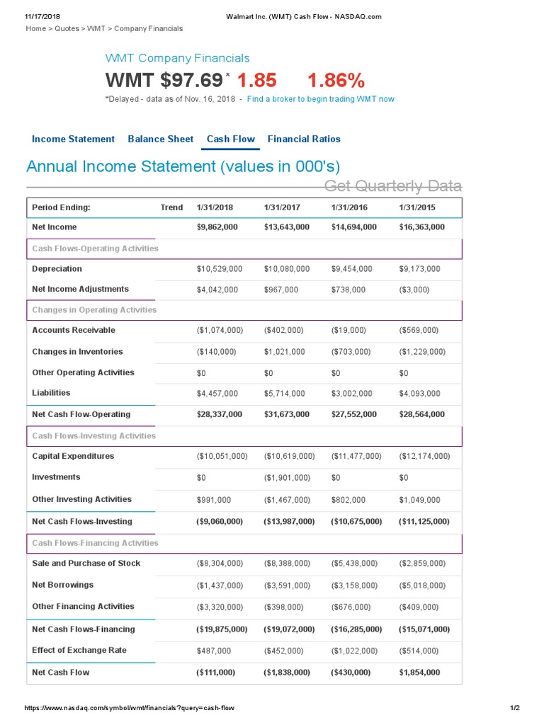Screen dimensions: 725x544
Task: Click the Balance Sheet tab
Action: [x=160, y=139]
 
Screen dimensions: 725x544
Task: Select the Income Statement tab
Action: [x=73, y=139]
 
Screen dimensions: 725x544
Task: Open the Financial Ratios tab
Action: [x=304, y=139]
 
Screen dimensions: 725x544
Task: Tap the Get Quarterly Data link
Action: [x=392, y=186]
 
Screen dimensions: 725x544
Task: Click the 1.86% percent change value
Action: [x=336, y=80]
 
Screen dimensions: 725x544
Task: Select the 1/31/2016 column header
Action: [x=349, y=207]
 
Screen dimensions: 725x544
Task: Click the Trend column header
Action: [x=171, y=207]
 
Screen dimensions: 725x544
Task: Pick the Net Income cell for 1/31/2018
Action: [x=217, y=227]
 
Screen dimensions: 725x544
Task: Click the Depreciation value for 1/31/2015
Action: [x=419, y=269]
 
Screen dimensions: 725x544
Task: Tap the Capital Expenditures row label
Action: [x=73, y=456]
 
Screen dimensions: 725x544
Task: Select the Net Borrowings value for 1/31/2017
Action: [x=286, y=586]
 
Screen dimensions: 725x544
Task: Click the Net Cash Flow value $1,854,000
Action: [x=419, y=673]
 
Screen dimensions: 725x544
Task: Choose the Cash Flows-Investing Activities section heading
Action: [x=93, y=436]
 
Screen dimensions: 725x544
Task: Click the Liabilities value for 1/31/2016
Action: [x=353, y=394]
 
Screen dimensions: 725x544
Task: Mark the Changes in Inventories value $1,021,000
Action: [x=284, y=352]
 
